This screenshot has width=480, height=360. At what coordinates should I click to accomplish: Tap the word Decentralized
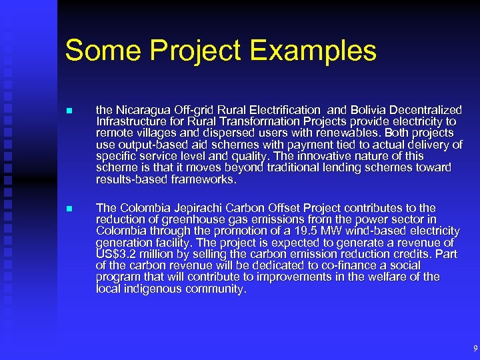tap(429, 110)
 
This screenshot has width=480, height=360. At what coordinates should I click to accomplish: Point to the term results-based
tap(128, 179)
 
